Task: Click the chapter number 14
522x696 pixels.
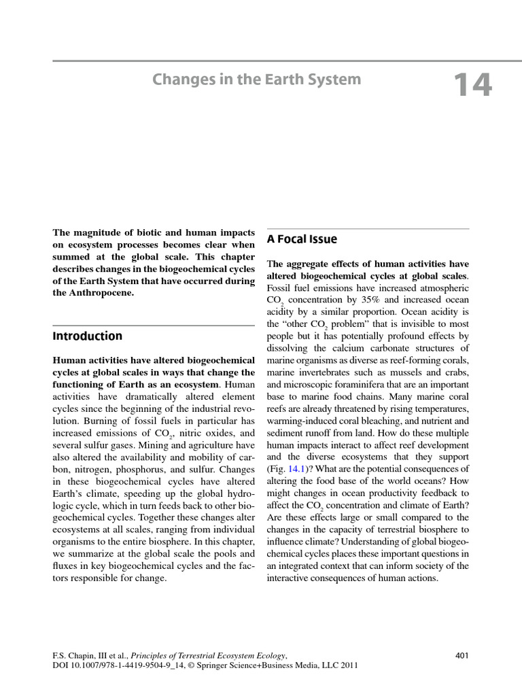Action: point(472,86)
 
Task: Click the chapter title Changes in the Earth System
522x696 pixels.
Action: point(257,80)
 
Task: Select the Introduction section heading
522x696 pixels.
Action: point(88,336)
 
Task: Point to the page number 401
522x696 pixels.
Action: point(462,655)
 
